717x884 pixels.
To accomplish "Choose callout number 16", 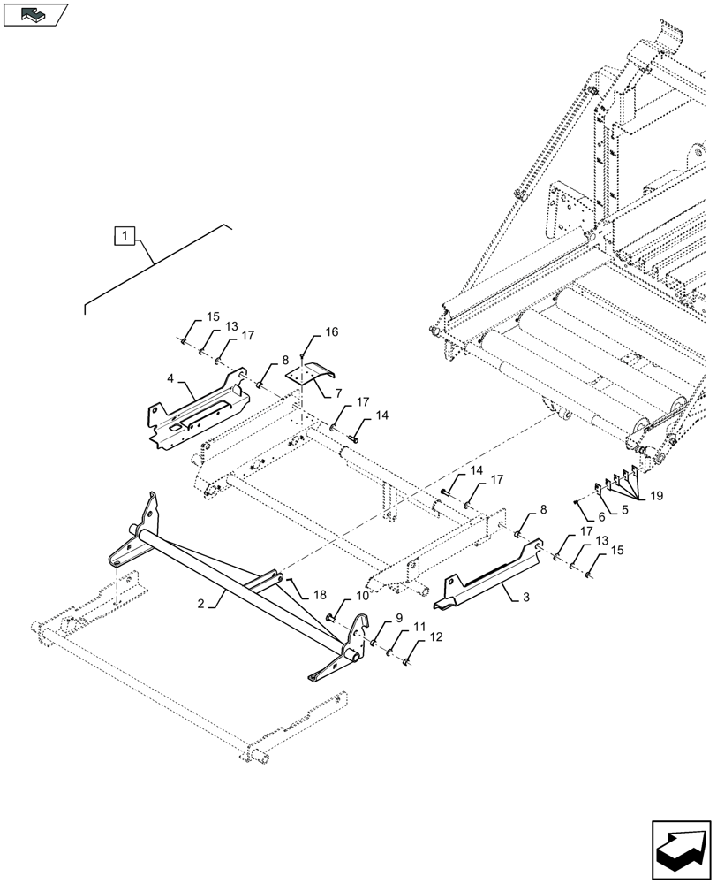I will pos(331,332).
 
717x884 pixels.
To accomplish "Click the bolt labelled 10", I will pos(331,617).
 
